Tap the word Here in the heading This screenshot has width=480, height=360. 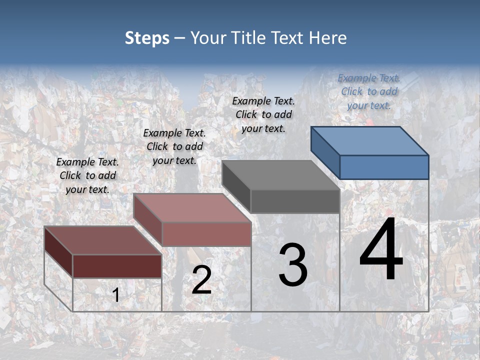tap(327, 38)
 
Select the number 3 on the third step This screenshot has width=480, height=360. tap(293, 265)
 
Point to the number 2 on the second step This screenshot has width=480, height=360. tap(201, 280)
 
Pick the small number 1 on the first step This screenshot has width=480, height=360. tap(116, 295)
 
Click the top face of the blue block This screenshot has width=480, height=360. tap(370, 140)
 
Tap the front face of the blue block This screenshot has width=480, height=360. tap(384, 167)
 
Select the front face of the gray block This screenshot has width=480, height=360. tap(295, 201)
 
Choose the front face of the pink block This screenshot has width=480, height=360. tap(206, 234)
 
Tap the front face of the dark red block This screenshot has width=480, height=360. tap(117, 266)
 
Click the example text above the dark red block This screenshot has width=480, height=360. tap(87, 175)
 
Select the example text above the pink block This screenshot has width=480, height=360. tap(174, 146)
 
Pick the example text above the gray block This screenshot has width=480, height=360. tap(263, 114)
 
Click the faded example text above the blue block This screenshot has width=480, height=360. tap(369, 91)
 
